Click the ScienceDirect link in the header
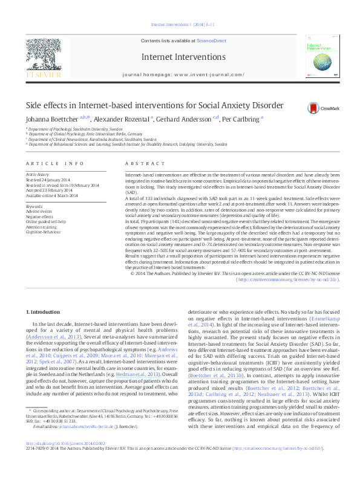coord(212,41)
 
